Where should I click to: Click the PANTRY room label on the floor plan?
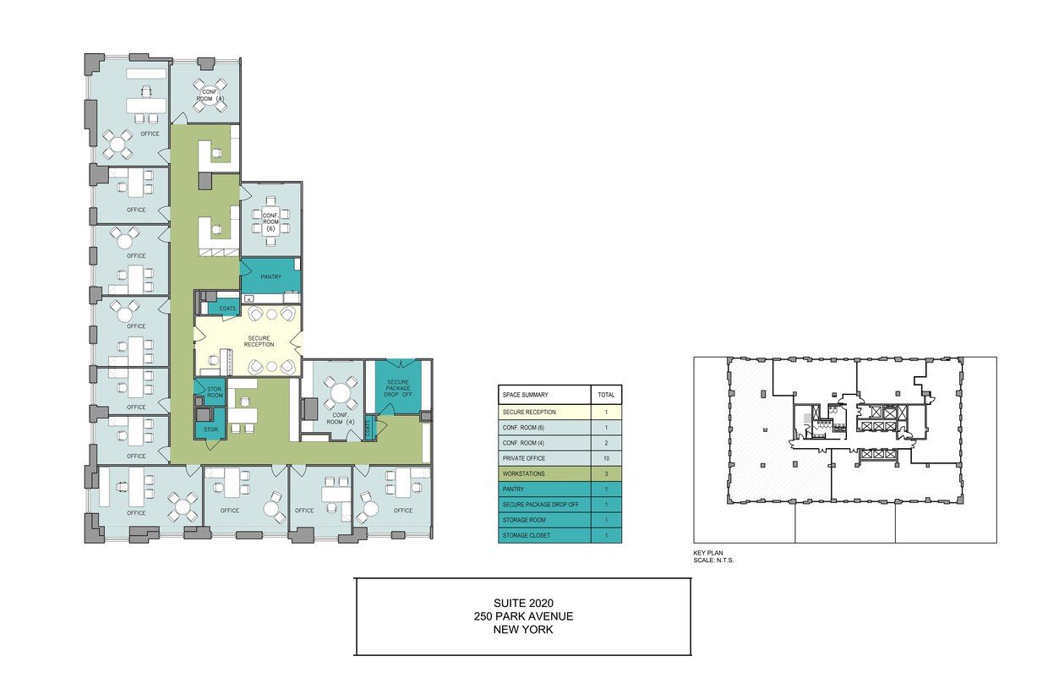point(271,277)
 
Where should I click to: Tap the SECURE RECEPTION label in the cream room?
point(259,341)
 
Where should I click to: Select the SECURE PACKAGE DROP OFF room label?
point(398,388)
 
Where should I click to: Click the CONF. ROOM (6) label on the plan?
point(270,222)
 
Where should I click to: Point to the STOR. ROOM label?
point(215,392)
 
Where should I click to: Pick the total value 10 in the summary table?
point(606,458)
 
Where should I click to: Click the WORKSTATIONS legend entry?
point(523,474)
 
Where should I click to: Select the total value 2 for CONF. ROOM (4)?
point(606,443)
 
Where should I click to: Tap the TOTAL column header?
point(606,395)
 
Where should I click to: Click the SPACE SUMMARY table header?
point(526,395)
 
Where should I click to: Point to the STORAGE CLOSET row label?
point(527,536)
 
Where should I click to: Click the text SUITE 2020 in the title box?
point(523,603)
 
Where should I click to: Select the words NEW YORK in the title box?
point(523,630)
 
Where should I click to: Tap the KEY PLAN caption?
point(708,553)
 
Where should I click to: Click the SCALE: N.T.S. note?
point(713,560)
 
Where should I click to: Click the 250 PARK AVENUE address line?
point(523,616)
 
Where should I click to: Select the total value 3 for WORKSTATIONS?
point(606,474)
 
